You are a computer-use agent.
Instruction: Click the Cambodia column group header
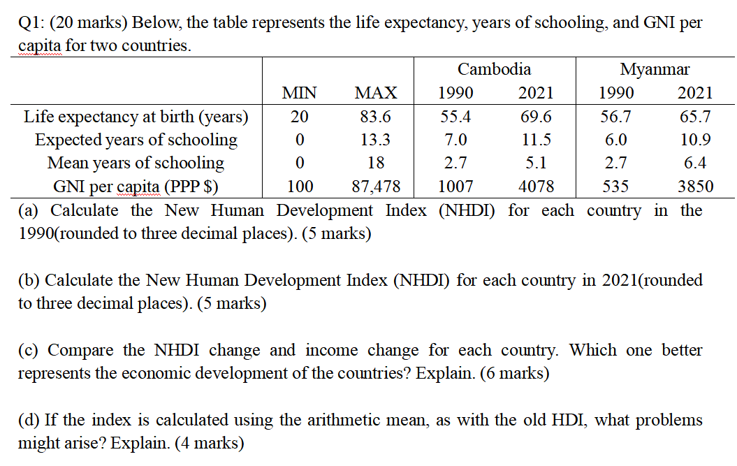pyautogui.click(x=494, y=69)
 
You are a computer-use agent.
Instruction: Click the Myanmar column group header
pyautogui.click(x=655, y=69)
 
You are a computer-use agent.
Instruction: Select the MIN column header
pyautogui.click(x=299, y=93)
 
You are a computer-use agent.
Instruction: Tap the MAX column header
pyautogui.click(x=375, y=93)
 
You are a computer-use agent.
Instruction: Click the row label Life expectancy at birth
pyautogui.click(x=136, y=116)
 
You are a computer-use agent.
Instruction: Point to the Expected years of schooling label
pyautogui.click(x=136, y=140)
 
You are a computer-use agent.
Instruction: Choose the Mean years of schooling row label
pyautogui.click(x=136, y=163)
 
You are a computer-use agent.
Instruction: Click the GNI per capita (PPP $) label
pyautogui.click(x=136, y=187)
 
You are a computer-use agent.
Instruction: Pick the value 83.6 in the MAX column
pyautogui.click(x=375, y=116)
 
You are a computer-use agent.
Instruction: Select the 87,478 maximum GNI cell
pyautogui.click(x=375, y=187)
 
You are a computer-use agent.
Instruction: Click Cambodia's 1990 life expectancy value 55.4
pyautogui.click(x=455, y=116)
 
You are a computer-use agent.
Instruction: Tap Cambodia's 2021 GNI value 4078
pyautogui.click(x=536, y=187)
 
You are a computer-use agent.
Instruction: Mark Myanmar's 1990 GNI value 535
pyautogui.click(x=615, y=187)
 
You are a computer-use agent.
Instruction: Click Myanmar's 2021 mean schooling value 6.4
pyautogui.click(x=695, y=163)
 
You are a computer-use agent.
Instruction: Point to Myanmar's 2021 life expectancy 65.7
pyautogui.click(x=695, y=116)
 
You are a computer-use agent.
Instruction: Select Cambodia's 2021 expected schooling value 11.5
pyautogui.click(x=536, y=140)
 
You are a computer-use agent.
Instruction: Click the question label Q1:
pyautogui.click(x=30, y=22)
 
